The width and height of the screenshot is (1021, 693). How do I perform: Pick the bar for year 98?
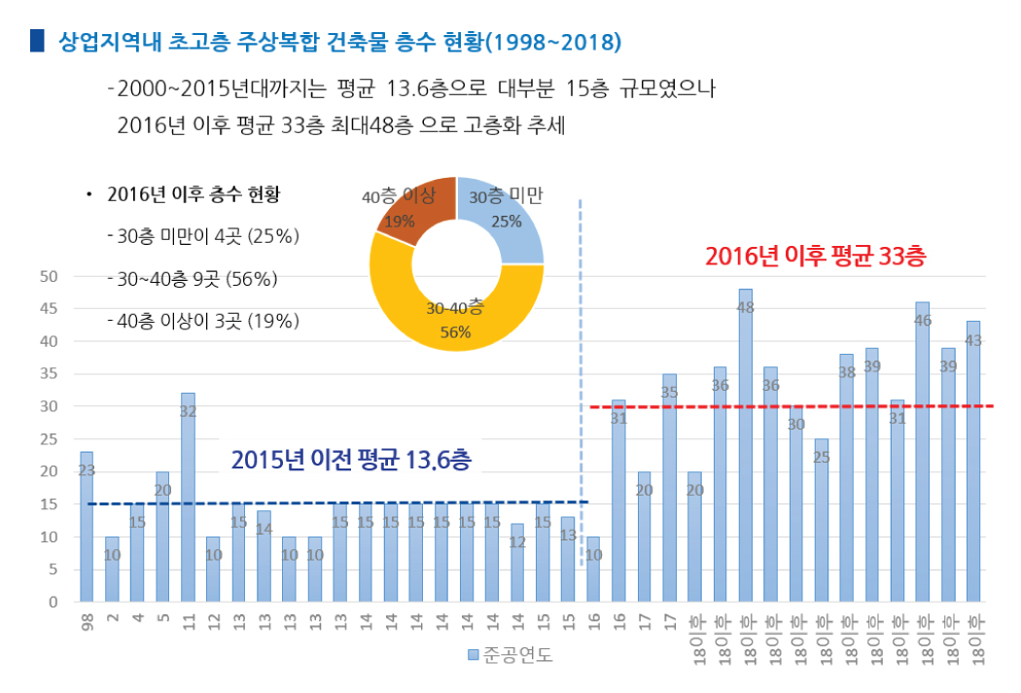point(87,527)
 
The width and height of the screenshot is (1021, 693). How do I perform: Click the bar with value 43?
point(972,462)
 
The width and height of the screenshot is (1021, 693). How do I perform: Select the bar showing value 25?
point(821,520)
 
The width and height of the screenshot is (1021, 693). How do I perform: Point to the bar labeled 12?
point(517,563)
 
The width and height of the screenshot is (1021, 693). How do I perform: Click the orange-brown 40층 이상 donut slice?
point(414,209)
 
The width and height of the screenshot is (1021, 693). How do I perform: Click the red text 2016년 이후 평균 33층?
point(815,257)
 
